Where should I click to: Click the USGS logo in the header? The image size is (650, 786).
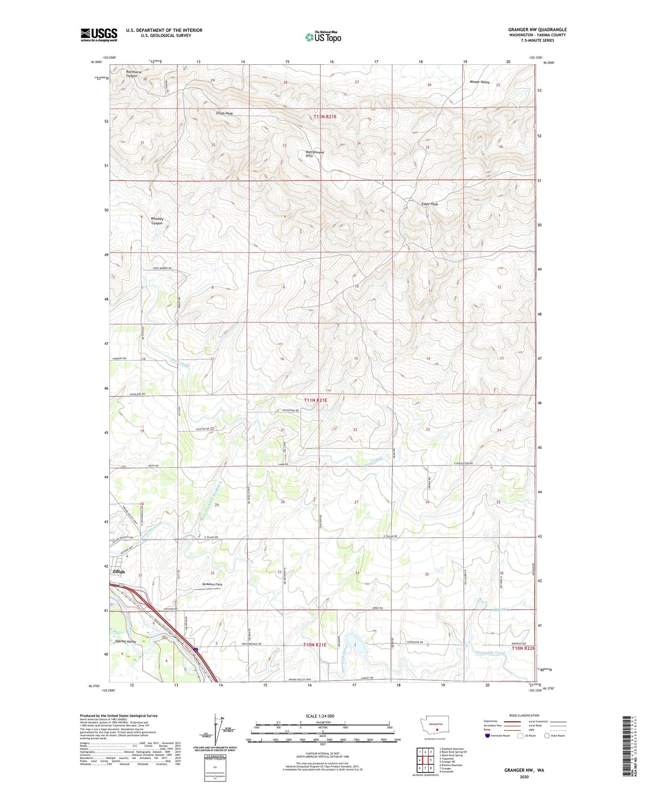point(99,35)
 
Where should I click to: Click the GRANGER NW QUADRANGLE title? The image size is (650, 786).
point(538,30)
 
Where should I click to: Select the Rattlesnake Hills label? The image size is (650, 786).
point(315,154)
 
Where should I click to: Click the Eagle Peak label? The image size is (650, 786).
point(430,204)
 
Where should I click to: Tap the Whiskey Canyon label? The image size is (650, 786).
point(157,221)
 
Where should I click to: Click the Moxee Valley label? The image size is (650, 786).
point(480,82)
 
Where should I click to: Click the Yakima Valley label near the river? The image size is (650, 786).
point(126,641)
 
